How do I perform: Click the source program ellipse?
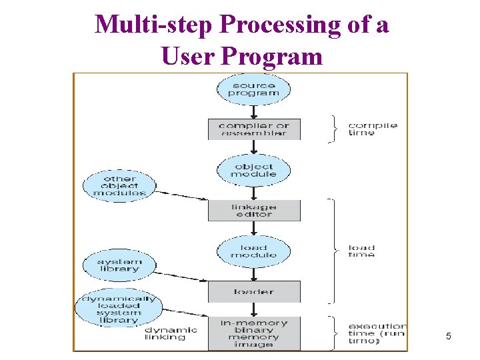point(253,89)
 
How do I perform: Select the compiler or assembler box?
point(254,129)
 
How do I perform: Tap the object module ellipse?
point(253,170)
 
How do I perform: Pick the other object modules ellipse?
point(119,185)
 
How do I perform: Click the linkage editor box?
point(254,211)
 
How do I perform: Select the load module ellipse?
point(253,251)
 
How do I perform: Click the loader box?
point(254,291)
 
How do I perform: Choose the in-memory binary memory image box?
point(254,333)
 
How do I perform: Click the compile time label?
point(372,129)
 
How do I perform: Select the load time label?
point(361,251)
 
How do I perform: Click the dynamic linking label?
point(171,333)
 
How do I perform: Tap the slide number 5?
point(448,337)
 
